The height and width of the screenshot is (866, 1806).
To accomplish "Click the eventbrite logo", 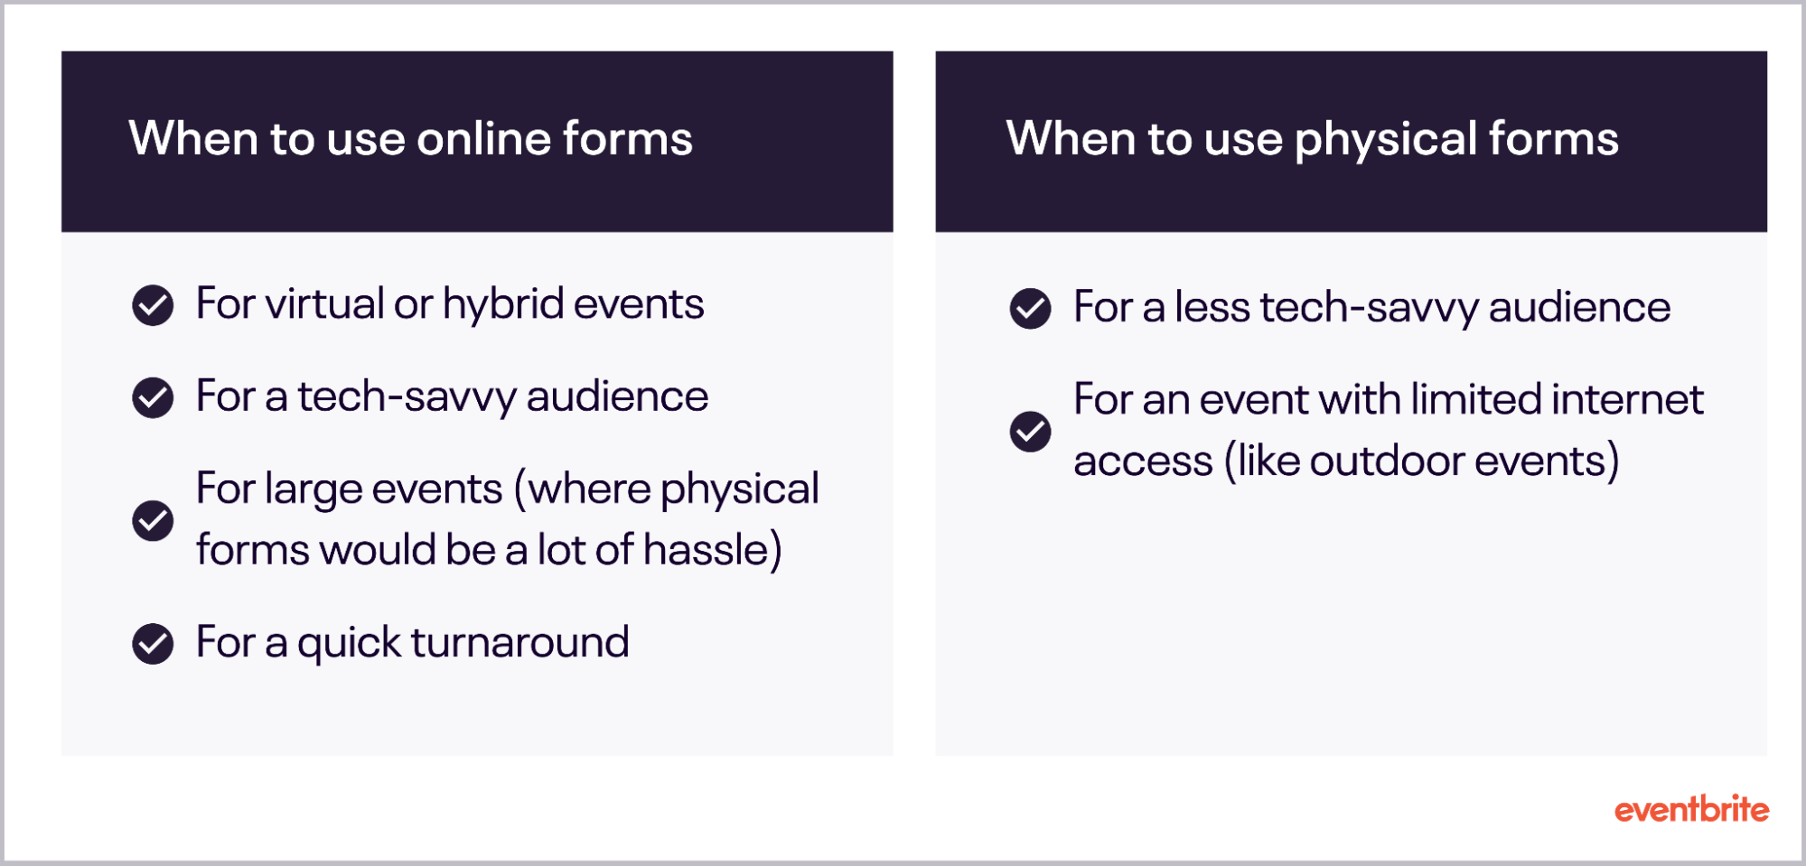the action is pyautogui.click(x=1691, y=809).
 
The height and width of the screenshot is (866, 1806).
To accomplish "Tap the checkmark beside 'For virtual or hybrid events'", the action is pyautogui.click(x=153, y=305).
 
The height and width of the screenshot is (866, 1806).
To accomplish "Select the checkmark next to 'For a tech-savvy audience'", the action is pyautogui.click(x=153, y=397).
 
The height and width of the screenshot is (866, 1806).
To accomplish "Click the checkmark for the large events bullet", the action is pyautogui.click(x=153, y=520).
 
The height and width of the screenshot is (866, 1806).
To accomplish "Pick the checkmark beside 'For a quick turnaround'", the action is pyautogui.click(x=153, y=644).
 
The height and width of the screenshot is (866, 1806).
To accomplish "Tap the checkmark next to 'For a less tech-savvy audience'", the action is pyautogui.click(x=1030, y=309).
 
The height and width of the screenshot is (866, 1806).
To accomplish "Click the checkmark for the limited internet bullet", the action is pyautogui.click(x=1030, y=432).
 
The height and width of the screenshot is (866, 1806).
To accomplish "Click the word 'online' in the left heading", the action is pyautogui.click(x=483, y=139).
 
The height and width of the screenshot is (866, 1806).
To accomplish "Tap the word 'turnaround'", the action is pyautogui.click(x=519, y=642).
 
